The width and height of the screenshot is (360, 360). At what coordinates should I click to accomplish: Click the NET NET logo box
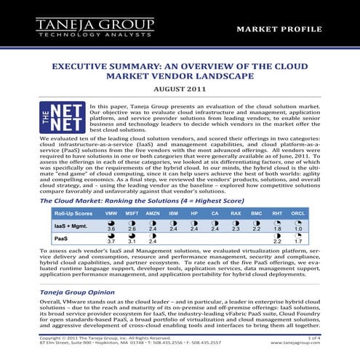[60, 117]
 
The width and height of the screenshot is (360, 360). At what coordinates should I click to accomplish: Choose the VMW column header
[111, 193]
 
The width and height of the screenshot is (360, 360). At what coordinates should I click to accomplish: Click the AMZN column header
[153, 193]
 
